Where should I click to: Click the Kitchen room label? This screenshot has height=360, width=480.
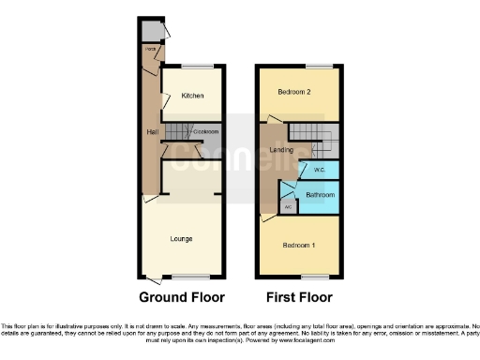click(x=192, y=96)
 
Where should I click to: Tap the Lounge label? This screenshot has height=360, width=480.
click(x=182, y=239)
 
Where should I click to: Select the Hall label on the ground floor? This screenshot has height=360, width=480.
click(x=151, y=132)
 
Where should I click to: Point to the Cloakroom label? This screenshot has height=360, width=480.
click(x=207, y=131)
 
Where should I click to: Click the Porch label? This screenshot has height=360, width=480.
click(x=149, y=48)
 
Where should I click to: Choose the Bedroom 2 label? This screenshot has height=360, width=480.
click(x=294, y=92)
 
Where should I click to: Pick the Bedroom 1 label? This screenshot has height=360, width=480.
click(x=300, y=246)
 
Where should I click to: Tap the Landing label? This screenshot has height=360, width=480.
click(x=281, y=150)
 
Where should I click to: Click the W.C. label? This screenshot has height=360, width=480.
click(x=319, y=171)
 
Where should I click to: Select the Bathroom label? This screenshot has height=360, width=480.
click(x=321, y=195)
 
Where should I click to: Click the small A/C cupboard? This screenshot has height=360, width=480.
click(x=289, y=205)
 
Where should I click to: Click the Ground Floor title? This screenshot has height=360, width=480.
click(x=182, y=298)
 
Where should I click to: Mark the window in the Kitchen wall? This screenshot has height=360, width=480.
click(x=197, y=65)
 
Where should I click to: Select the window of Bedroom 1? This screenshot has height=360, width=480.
click(x=314, y=277)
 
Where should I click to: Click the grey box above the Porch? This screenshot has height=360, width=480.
click(x=151, y=31)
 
